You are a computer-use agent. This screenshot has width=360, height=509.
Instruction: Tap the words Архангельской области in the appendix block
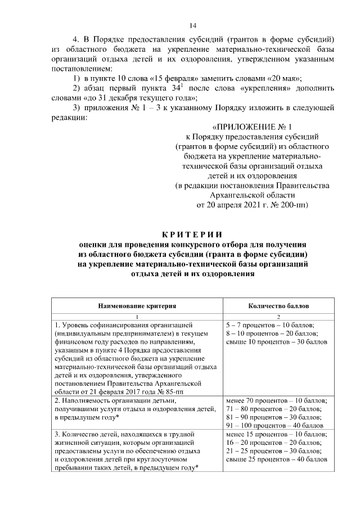click(x=252, y=195)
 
